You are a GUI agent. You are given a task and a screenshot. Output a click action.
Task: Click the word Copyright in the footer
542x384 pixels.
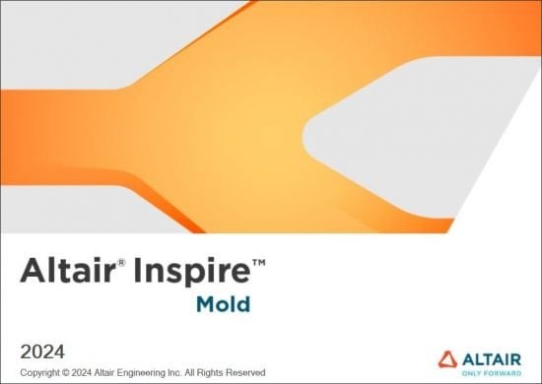44,372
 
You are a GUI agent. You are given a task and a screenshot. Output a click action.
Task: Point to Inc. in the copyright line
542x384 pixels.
201,372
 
